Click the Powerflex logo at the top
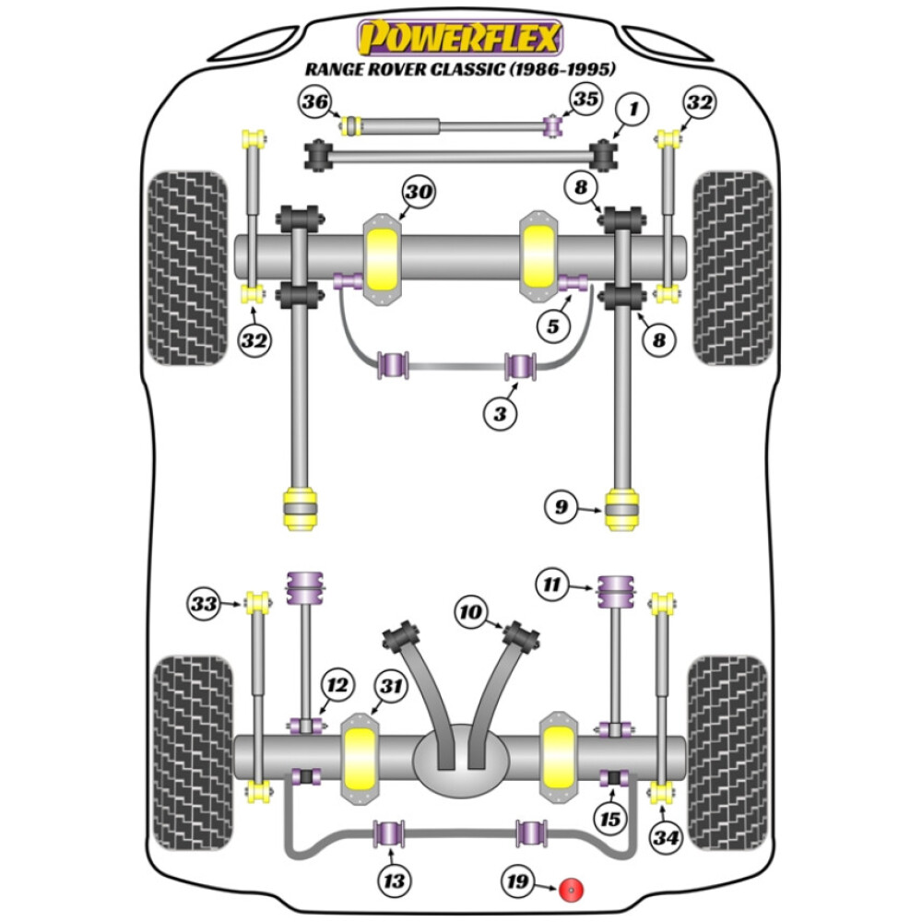tap(460, 40)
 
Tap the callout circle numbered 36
tap(314, 103)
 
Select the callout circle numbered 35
tap(585, 99)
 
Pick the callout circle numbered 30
tap(417, 193)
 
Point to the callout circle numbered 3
tap(500, 414)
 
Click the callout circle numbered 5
tap(553, 325)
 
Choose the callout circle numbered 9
tap(561, 506)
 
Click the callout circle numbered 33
tap(204, 605)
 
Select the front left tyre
tap(187, 268)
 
